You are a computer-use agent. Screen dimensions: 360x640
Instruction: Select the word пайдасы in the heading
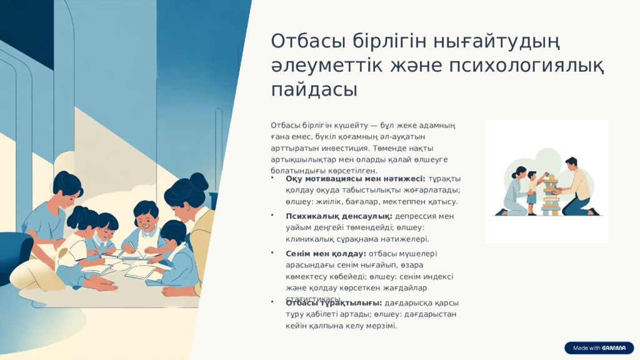(314, 89)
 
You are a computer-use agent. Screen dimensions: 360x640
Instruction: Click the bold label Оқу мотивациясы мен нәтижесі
(355, 179)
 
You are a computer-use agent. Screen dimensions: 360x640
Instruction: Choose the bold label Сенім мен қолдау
(326, 254)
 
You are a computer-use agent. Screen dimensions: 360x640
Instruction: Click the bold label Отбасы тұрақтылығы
(334, 303)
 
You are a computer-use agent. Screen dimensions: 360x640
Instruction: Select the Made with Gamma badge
(599, 348)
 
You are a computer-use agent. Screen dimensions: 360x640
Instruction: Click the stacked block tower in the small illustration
(551, 196)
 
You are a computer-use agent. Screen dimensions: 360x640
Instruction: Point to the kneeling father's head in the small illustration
(571, 163)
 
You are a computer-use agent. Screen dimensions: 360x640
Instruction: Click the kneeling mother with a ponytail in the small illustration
(516, 191)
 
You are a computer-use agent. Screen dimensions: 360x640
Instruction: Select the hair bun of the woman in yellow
(199, 181)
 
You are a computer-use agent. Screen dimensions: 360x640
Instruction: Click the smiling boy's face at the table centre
(146, 219)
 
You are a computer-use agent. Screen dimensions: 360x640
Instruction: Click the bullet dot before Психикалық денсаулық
(272, 216)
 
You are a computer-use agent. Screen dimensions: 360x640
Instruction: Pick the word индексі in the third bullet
(439, 276)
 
